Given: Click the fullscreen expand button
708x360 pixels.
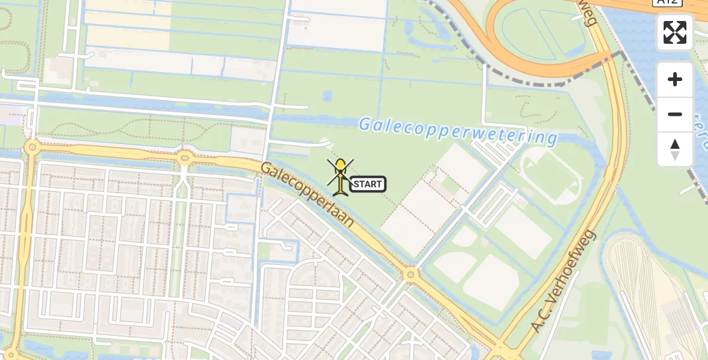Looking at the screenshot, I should tap(675, 32).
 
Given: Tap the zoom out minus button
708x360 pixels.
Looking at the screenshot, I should tap(675, 114).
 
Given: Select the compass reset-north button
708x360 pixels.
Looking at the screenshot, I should tap(675, 149).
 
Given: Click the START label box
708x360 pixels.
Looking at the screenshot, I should tap(368, 184).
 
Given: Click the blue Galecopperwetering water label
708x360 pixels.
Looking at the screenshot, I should tap(458, 131).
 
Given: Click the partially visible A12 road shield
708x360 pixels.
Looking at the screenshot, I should tap(667, 2).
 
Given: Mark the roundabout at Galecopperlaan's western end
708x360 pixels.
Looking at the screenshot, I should tap(31, 147).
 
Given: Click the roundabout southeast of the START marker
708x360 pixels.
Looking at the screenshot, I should tap(410, 275).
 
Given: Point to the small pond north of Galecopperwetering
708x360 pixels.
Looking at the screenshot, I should tap(327, 96).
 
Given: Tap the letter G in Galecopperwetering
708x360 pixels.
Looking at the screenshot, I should tap(365, 125).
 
